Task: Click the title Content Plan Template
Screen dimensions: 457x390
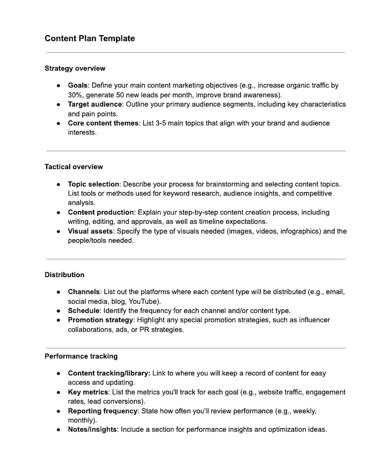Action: pyautogui.click(x=89, y=38)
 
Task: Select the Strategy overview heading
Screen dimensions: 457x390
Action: pyautogui.click(x=75, y=68)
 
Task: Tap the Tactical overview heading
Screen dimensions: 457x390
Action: pyautogui.click(x=74, y=167)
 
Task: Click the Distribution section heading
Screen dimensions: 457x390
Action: pyautogui.click(x=65, y=275)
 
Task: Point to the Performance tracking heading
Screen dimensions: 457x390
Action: pyautogui.click(x=81, y=356)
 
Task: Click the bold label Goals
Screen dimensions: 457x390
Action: pyautogui.click(x=78, y=86)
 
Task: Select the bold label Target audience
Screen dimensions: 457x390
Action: pyautogui.click(x=95, y=104)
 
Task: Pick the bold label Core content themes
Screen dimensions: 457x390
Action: pyautogui.click(x=103, y=123)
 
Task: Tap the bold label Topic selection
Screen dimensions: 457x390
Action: pyautogui.click(x=93, y=184)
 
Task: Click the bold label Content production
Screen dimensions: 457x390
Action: pyautogui.click(x=100, y=212)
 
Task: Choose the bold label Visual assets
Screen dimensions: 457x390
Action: pyautogui.click(x=89, y=231)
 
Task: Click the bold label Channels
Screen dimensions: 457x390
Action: pyautogui.click(x=84, y=292)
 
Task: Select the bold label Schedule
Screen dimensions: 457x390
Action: pyautogui.click(x=83, y=310)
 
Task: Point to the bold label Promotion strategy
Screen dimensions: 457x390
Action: pyautogui.click(x=101, y=320)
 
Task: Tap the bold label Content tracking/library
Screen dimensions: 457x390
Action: pyautogui.click(x=109, y=373)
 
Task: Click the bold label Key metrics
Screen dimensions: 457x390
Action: pyautogui.click(x=88, y=392)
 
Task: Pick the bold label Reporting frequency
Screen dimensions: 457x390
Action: pyautogui.click(x=103, y=411)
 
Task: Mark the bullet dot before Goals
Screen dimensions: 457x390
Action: pyautogui.click(x=58, y=86)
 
